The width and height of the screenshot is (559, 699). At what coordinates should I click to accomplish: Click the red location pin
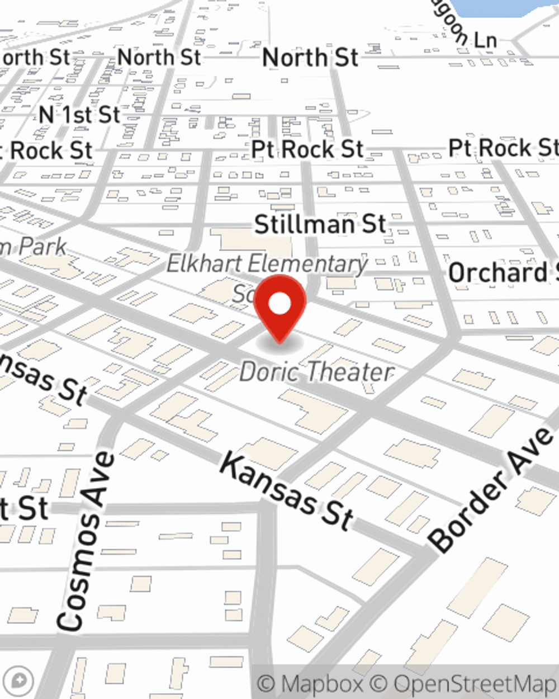279,306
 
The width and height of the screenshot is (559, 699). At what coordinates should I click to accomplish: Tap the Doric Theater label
316,372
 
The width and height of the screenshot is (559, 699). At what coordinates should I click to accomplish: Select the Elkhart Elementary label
267,263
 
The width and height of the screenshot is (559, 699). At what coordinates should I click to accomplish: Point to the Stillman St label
320,224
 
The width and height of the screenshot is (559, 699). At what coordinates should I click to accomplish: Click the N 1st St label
79,115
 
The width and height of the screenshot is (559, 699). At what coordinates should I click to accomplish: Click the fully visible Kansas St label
286,491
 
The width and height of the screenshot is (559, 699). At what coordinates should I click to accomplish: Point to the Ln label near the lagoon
485,40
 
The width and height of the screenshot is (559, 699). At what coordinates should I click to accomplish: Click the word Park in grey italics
42,247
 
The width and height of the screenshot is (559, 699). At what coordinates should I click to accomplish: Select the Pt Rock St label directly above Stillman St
307,149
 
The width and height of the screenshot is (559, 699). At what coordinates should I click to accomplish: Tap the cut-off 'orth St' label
35,58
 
